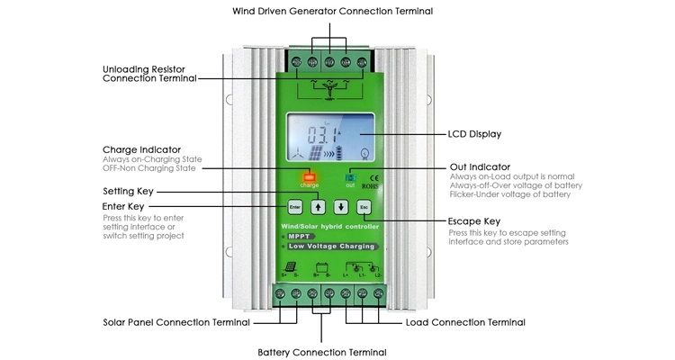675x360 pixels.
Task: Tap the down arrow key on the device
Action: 341,206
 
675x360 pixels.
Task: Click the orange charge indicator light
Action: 310,177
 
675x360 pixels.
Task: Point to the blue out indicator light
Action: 350,178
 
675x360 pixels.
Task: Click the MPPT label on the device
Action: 303,236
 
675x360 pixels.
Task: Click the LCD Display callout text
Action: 474,134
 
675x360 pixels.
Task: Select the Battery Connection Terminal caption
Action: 321,352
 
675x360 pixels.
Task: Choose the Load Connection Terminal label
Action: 465,322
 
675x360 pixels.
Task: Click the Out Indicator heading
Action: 480,166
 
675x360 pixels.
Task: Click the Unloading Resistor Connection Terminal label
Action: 149,73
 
